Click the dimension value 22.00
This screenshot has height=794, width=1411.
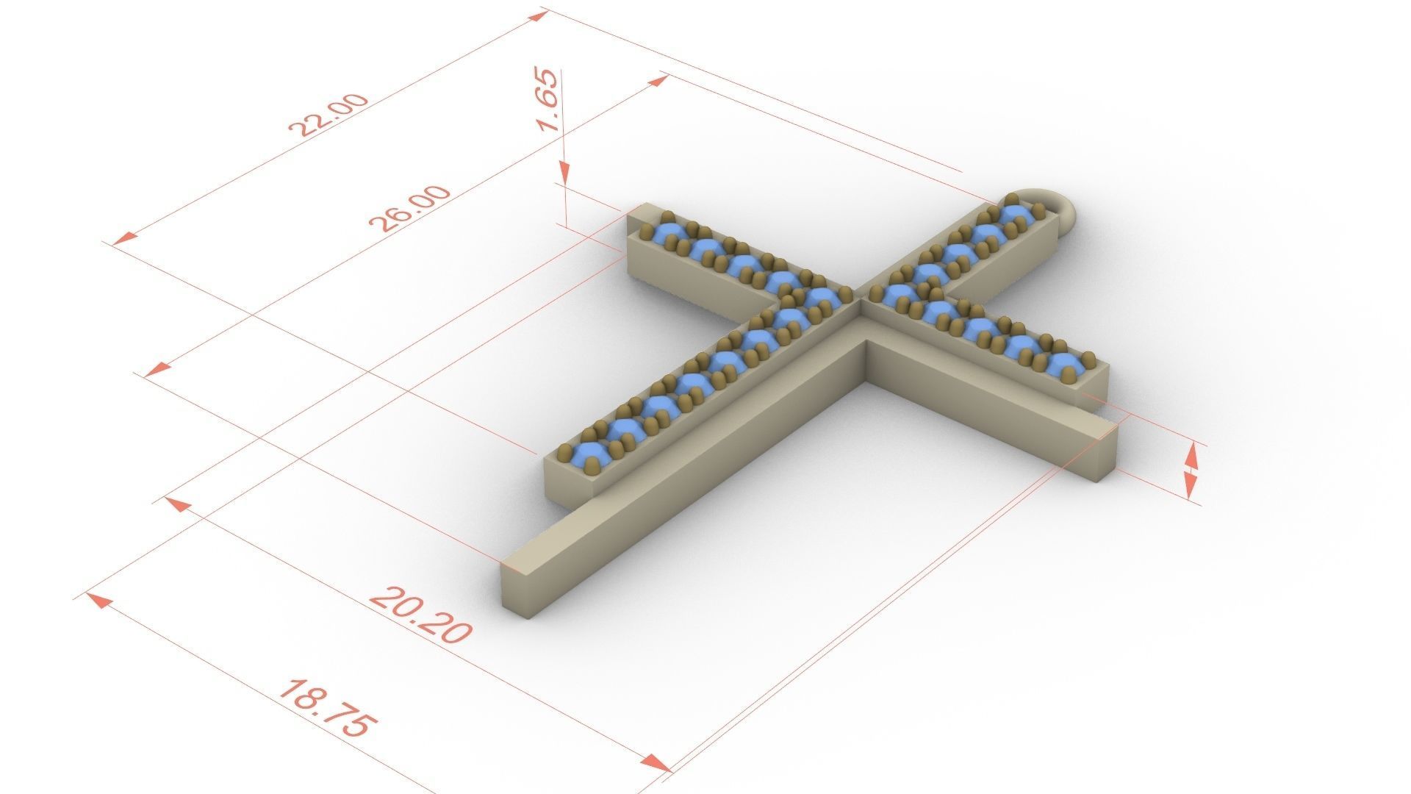pyautogui.click(x=328, y=115)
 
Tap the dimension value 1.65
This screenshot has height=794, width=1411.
pyautogui.click(x=550, y=100)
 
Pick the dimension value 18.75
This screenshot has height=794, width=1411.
pyautogui.click(x=328, y=709)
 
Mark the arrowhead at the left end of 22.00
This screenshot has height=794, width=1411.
pyautogui.click(x=126, y=238)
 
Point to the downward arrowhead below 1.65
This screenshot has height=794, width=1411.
pyautogui.click(x=564, y=174)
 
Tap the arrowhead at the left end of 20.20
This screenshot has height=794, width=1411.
pyautogui.click(x=173, y=504)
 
